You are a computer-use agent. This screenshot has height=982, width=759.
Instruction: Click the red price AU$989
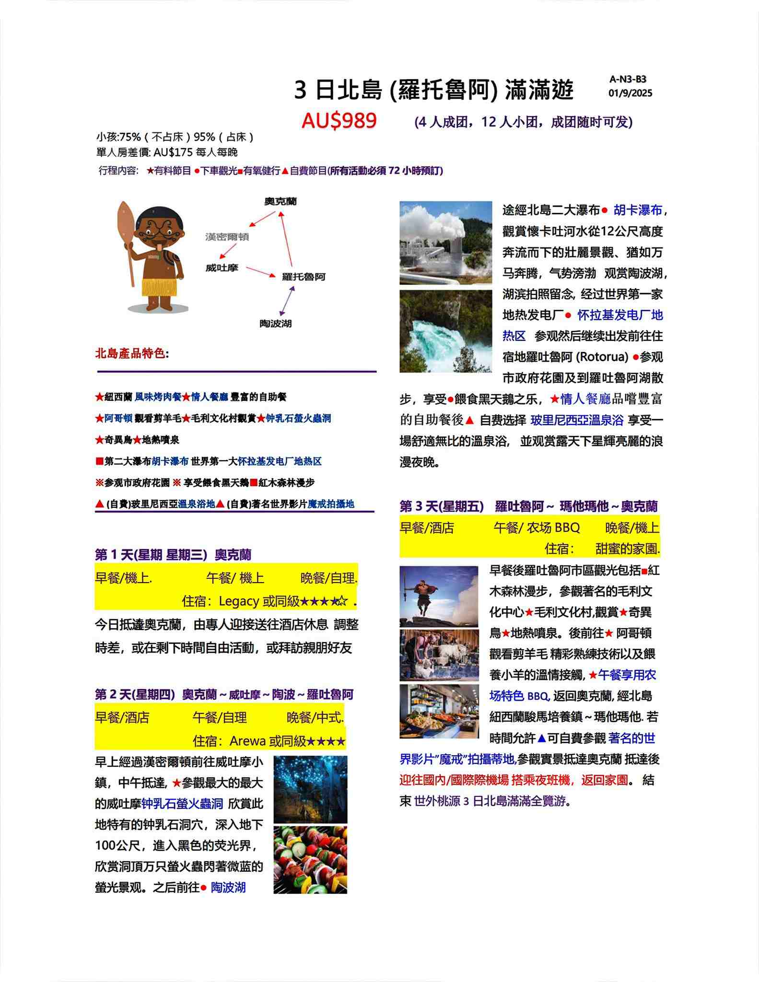point(339,121)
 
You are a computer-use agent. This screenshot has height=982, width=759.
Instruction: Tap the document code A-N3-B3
point(628,80)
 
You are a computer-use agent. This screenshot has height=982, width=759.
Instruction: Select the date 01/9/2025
point(630,93)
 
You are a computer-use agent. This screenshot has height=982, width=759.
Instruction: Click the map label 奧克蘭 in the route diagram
point(280,201)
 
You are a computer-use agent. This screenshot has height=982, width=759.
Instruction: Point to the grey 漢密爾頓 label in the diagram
point(227,237)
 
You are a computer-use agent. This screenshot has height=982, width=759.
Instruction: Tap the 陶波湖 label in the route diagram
point(276,324)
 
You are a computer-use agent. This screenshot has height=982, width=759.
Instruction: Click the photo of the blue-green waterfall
point(445,331)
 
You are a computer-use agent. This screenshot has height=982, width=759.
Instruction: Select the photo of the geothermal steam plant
point(445,243)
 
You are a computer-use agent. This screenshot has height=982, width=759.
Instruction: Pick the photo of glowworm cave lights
point(310,789)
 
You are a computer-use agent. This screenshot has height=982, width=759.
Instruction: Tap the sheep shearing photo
point(439,655)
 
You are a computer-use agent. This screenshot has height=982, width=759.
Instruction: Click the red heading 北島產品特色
point(130,354)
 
